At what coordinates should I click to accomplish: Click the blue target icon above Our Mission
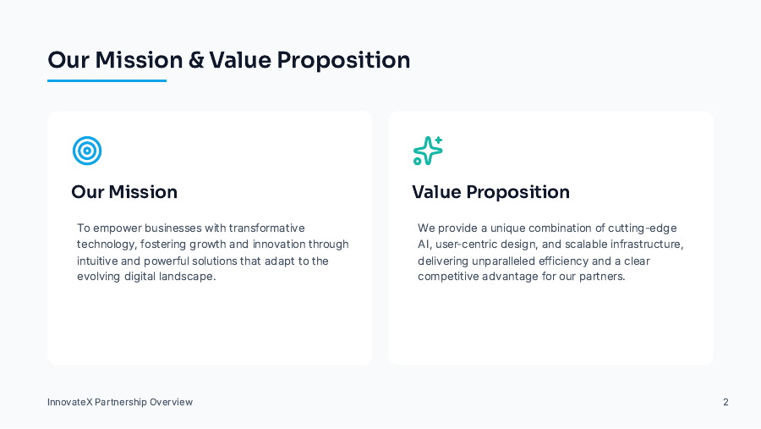pyautogui.click(x=87, y=151)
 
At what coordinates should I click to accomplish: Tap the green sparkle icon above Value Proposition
pyautogui.click(x=428, y=151)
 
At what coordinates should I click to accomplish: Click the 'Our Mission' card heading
pyautogui.click(x=124, y=192)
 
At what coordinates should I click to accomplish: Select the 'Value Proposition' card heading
pyautogui.click(x=490, y=192)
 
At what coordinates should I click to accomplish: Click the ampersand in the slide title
pyautogui.click(x=196, y=61)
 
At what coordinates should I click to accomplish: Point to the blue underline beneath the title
pyautogui.click(x=107, y=80)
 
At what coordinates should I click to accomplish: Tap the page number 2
pyautogui.click(x=725, y=402)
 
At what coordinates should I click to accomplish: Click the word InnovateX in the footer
pyautogui.click(x=69, y=402)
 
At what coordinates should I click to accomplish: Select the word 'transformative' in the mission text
pyautogui.click(x=266, y=228)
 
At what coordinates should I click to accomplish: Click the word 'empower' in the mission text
pyautogui.click(x=117, y=228)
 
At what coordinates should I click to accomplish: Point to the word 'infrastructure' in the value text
pyautogui.click(x=645, y=245)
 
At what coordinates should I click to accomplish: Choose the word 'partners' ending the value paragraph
pyautogui.click(x=601, y=277)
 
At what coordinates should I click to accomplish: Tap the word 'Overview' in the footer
pyautogui.click(x=171, y=402)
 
